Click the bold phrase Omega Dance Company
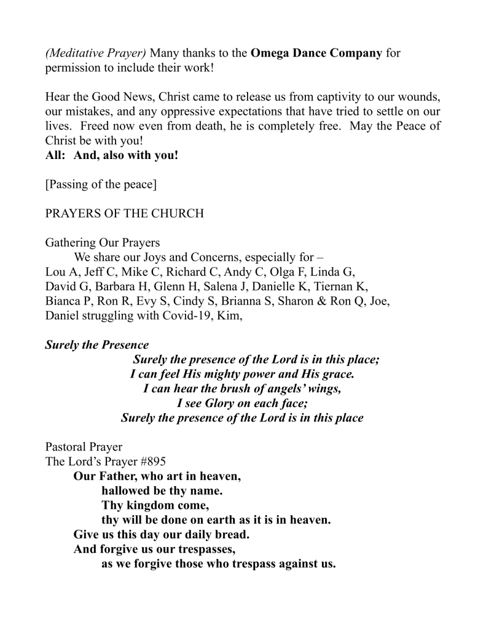(x=316, y=53)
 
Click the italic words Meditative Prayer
(x=96, y=53)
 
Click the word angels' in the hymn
(x=273, y=389)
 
